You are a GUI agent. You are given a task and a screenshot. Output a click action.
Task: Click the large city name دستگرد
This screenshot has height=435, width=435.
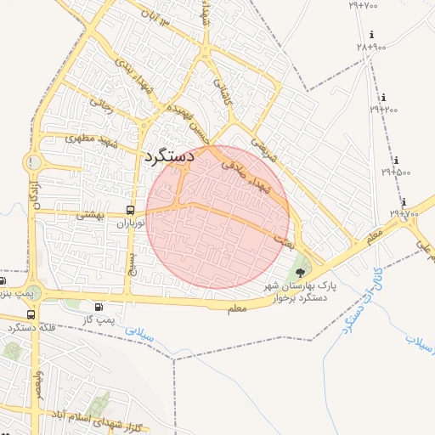coord(170,156)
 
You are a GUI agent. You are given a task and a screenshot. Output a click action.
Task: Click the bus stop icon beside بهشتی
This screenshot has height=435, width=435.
coord(130,210)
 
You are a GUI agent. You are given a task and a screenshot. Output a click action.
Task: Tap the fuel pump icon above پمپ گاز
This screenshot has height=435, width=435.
coord(100,308)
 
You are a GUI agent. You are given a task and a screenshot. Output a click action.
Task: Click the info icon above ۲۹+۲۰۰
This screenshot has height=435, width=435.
coord(384,98)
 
